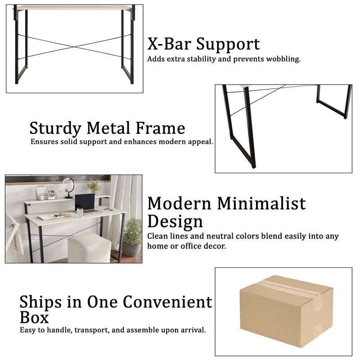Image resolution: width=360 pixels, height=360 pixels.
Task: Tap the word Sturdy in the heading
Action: point(56,128)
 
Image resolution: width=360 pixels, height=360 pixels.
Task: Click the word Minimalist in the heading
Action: point(261,203)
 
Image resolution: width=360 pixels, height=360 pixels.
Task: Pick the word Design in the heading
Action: point(175,221)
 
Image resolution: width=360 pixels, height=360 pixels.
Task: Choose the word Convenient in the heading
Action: point(167,302)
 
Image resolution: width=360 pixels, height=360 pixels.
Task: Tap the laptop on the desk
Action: point(85,203)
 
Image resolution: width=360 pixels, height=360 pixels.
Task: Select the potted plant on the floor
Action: point(132,236)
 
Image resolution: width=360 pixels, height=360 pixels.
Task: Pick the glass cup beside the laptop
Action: point(80,212)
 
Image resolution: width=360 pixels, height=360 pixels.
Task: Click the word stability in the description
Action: point(203,59)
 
